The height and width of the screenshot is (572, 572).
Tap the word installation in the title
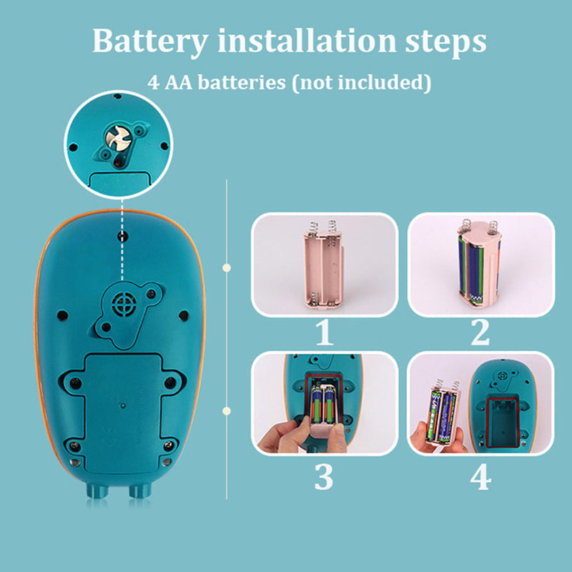307,40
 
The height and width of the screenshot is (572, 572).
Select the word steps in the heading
445,43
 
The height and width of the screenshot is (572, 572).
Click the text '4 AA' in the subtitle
170,82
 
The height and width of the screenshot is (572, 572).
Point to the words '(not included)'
362,83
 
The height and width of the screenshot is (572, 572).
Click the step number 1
325,332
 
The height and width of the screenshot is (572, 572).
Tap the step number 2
480,332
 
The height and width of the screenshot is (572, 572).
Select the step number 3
324,477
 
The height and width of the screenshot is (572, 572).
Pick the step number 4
480,477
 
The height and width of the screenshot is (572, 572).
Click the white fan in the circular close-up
119,138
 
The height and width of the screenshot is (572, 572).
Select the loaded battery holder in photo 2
480,263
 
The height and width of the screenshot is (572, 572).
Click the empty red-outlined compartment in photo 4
503,422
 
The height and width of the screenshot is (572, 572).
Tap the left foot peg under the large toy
97,490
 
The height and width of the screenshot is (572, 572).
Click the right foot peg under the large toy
140,490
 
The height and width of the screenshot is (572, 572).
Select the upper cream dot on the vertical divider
227,267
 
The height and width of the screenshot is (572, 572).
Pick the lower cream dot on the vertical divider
227,411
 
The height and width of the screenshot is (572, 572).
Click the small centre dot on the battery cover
123,405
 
